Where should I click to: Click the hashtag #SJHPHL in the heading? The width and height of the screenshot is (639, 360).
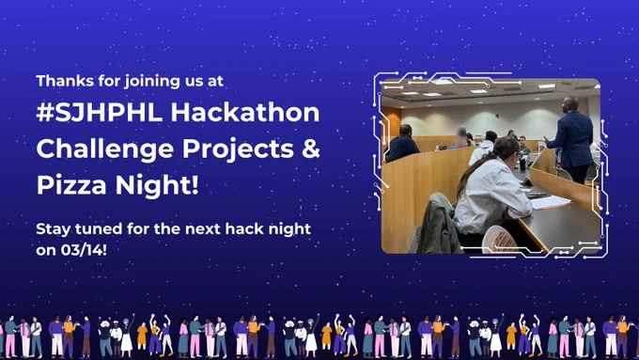(99, 112)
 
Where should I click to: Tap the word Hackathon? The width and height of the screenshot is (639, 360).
(245, 112)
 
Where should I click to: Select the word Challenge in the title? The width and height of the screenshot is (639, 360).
(104, 149)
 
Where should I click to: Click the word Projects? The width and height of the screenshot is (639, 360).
(238, 149)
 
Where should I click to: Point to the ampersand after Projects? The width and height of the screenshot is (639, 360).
(311, 148)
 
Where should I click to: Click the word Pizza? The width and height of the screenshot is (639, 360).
(71, 185)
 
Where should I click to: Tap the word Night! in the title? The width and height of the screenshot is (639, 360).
(157, 185)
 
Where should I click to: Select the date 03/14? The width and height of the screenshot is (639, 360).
(84, 249)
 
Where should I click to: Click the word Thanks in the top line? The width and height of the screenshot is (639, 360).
(64, 81)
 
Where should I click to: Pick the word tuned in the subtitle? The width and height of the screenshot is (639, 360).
(99, 228)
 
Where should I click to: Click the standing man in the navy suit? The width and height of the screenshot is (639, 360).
(571, 139)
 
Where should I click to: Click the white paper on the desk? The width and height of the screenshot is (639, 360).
(550, 202)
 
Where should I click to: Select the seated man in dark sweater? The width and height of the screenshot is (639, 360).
(401, 143)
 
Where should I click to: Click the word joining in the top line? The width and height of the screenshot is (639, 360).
(152, 82)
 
